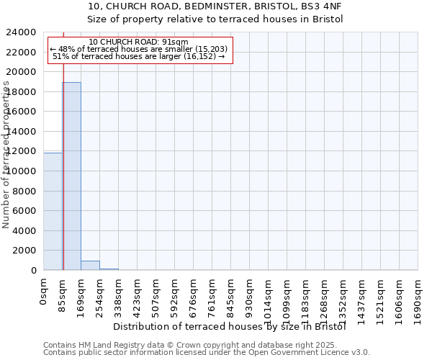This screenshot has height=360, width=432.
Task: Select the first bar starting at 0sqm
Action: (x=53, y=212)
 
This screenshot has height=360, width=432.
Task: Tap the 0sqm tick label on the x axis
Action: (x=44, y=294)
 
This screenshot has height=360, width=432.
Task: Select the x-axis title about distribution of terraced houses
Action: (x=230, y=327)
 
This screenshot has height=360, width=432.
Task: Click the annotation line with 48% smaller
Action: (x=139, y=49)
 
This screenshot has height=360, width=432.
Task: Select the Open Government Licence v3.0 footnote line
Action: (x=207, y=352)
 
